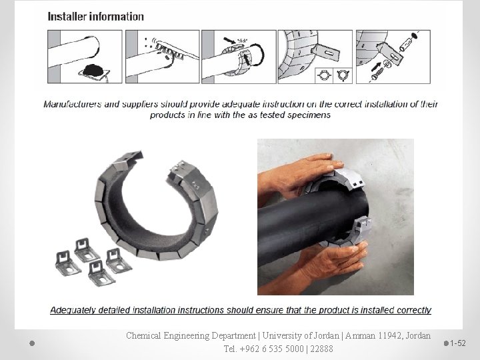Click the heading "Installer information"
pyautogui.click(x=95, y=17)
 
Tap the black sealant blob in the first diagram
pyautogui.click(x=93, y=70)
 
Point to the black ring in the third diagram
pyautogui.click(x=257, y=54)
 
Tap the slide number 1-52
pyautogui.click(x=457, y=343)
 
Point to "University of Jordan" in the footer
pyautogui.click(x=301, y=336)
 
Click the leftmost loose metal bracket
pyautogui.click(x=67, y=263)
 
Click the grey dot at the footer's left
pyautogui.click(x=32, y=343)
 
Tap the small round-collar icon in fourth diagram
pyautogui.click(x=323, y=75)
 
